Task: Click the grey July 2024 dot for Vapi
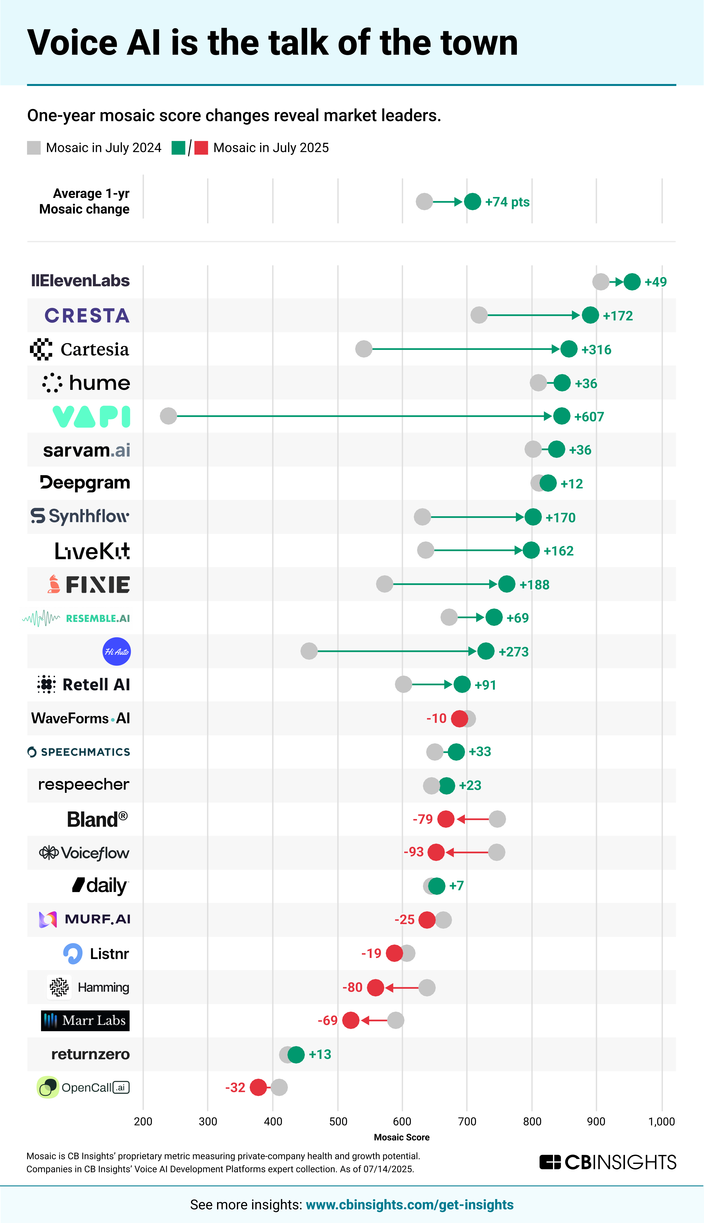click(168, 416)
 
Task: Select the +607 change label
click(589, 417)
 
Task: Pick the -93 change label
click(413, 852)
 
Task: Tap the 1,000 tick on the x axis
click(661, 1121)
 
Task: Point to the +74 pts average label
click(507, 202)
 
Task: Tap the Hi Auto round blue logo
click(117, 652)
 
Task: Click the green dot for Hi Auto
click(485, 651)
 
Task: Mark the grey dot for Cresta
click(479, 315)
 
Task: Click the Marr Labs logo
click(85, 1020)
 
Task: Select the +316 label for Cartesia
click(596, 349)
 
